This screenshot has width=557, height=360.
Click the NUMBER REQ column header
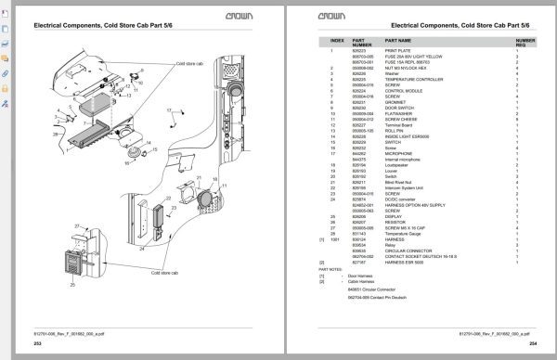(525, 43)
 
